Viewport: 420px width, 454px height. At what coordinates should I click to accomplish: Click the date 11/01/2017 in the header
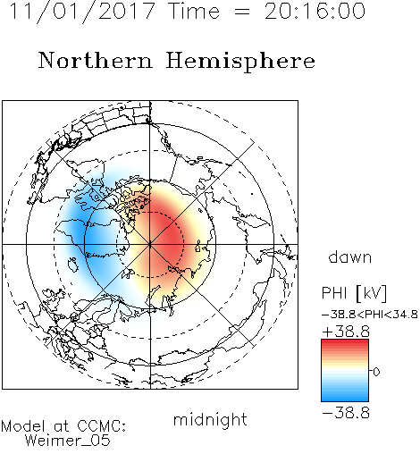tap(82, 12)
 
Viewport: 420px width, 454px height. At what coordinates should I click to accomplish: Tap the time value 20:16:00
tap(315, 11)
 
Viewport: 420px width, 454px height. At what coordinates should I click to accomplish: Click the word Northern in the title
tap(96, 61)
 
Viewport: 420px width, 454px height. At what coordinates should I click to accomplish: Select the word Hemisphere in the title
tap(240, 62)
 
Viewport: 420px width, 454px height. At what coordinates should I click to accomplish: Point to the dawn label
tap(349, 256)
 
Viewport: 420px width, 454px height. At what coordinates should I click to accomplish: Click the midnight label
tap(210, 419)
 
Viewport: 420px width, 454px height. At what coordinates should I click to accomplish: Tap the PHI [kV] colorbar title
tap(354, 293)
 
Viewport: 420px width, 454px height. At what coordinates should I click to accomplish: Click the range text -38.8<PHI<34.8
tap(370, 315)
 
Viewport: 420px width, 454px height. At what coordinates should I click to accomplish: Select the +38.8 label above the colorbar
tap(346, 332)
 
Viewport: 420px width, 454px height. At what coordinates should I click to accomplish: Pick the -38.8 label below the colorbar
tap(346, 413)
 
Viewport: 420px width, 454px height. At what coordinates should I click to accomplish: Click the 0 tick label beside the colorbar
tap(376, 372)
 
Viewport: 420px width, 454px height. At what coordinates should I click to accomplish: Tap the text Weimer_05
tap(68, 441)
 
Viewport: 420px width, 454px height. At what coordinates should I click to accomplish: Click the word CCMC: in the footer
tap(101, 426)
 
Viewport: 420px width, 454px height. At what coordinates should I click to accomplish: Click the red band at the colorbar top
tap(345, 344)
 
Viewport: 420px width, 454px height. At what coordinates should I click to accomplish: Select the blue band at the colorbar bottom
tap(345, 397)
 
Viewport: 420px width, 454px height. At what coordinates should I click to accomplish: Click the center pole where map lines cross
tap(150, 244)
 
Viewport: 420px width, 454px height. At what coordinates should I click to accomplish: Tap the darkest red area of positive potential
tap(167, 235)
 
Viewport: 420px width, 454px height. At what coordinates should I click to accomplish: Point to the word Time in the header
tap(194, 11)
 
